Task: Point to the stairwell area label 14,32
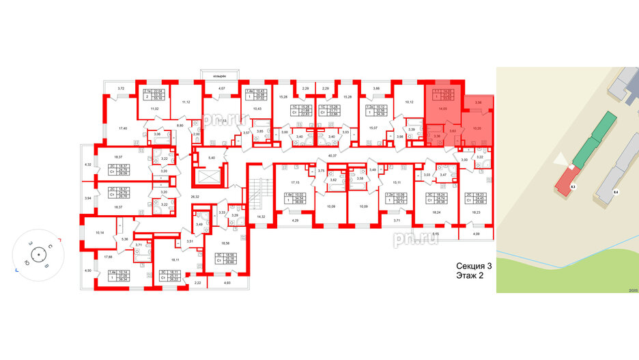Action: pyautogui.click(x=260, y=217)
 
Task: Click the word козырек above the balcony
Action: pyautogui.click(x=218, y=71)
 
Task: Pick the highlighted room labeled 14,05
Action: pyautogui.click(x=442, y=108)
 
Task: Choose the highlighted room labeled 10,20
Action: pyautogui.click(x=477, y=128)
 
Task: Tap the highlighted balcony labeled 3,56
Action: pyautogui.click(x=479, y=102)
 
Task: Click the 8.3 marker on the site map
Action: pyautogui.click(x=573, y=185)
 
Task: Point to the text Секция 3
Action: pyautogui.click(x=474, y=267)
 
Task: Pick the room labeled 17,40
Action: pyautogui.click(x=123, y=128)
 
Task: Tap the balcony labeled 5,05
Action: pyautogui.click(x=435, y=234)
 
